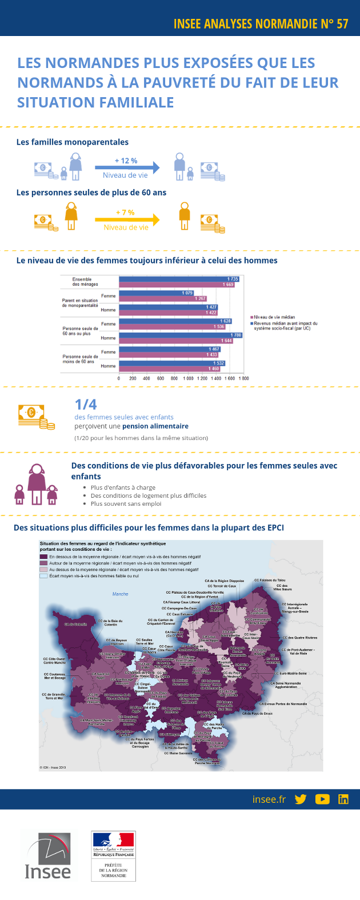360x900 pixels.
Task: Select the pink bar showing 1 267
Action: pyautogui.click(x=162, y=298)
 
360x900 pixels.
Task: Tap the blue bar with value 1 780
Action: pyautogui.click(x=180, y=335)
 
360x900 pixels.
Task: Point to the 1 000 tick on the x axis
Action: pyautogui.click(x=188, y=378)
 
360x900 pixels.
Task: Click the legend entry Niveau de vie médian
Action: pyautogui.click(x=274, y=317)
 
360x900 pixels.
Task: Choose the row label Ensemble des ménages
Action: pyautogui.click(x=85, y=282)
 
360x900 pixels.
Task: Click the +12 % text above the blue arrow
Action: pyautogui.click(x=126, y=161)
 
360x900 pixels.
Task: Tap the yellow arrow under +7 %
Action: pyautogui.click(x=127, y=219)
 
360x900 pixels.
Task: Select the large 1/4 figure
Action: pyautogui.click(x=86, y=405)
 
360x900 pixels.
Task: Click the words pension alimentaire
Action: pyautogui.click(x=155, y=426)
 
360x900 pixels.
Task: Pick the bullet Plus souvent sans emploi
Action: pyautogui.click(x=126, y=503)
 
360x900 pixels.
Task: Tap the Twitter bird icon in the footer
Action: pyautogui.click(x=301, y=799)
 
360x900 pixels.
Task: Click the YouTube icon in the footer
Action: pyautogui.click(x=322, y=799)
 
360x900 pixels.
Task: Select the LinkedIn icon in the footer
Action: pyautogui.click(x=343, y=799)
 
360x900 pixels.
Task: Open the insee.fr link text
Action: pyautogui.click(x=269, y=799)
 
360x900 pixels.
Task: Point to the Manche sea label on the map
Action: pyautogui.click(x=120, y=594)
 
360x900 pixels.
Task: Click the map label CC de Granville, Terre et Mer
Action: pyautogui.click(x=53, y=697)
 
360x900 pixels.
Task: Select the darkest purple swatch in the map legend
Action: pyautogui.click(x=43, y=556)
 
